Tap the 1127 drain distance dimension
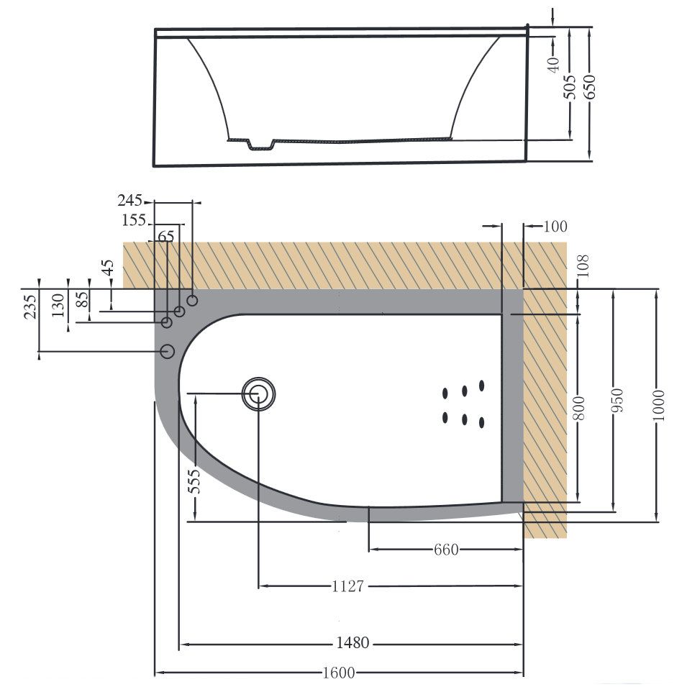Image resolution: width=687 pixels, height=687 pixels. [347, 586]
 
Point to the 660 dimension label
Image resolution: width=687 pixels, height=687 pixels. [445, 550]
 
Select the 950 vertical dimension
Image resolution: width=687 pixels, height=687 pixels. [616, 403]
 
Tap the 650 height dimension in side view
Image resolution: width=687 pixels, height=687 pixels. [591, 86]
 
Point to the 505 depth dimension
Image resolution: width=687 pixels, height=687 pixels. [570, 86]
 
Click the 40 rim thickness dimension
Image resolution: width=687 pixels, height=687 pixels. [552, 65]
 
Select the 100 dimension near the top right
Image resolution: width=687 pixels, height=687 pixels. [555, 227]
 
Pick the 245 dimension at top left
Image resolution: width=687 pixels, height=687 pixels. [129, 200]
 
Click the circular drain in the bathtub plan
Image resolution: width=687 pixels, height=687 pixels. [258, 393]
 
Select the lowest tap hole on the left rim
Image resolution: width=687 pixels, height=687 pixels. [167, 351]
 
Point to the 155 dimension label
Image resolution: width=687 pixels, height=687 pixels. [134, 220]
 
